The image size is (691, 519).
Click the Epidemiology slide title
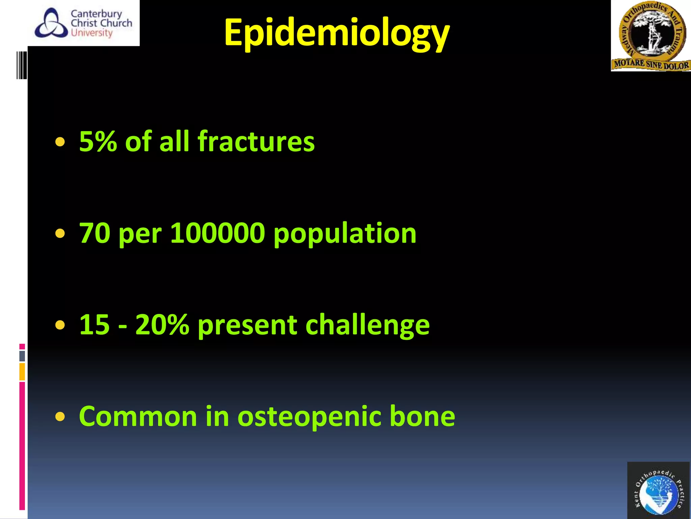[336, 33]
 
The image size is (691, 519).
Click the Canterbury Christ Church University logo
[84, 23]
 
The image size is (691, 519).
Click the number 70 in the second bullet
[94, 233]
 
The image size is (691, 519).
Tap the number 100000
[218, 233]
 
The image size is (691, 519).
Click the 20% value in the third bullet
[162, 325]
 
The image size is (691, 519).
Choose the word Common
[138, 416]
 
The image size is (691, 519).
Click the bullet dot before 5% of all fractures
[60, 142]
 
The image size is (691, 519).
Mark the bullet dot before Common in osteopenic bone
[60, 417]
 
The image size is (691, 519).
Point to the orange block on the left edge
[22, 371]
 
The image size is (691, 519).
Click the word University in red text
[91, 33]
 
